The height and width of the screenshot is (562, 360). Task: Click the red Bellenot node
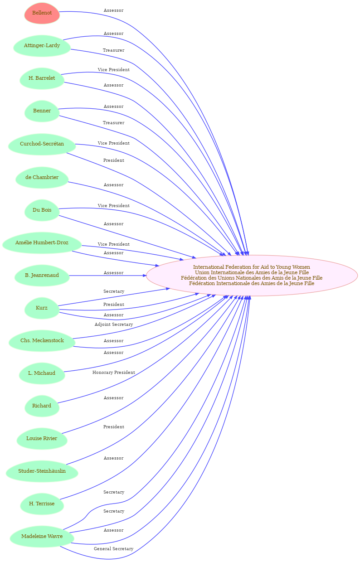[42, 13]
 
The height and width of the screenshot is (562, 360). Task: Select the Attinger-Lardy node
[42, 46]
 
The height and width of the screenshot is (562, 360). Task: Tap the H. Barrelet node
[42, 78]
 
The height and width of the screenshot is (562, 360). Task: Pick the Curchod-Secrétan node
[42, 144]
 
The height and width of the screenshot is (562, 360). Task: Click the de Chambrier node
[42, 177]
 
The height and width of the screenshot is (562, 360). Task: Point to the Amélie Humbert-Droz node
[42, 242]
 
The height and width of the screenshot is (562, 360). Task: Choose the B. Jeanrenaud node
[42, 275]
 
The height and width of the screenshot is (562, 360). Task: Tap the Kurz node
[42, 308]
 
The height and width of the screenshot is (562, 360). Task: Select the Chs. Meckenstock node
[42, 340]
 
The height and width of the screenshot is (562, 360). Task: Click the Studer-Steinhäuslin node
[42, 471]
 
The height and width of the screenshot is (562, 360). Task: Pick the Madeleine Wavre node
[42, 536]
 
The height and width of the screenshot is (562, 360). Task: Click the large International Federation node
[252, 275]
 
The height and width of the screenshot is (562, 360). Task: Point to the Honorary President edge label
[113, 373]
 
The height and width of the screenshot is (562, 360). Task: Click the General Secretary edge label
[113, 549]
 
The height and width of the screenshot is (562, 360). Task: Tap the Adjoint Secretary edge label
[113, 325]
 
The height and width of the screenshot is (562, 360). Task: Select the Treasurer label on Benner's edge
[113, 123]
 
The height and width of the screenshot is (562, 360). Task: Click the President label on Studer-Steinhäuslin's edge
[113, 427]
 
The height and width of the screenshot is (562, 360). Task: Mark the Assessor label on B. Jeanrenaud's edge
[113, 273]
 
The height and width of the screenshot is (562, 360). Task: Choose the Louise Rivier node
[42, 438]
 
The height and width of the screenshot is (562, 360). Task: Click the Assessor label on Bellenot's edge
[113, 10]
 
